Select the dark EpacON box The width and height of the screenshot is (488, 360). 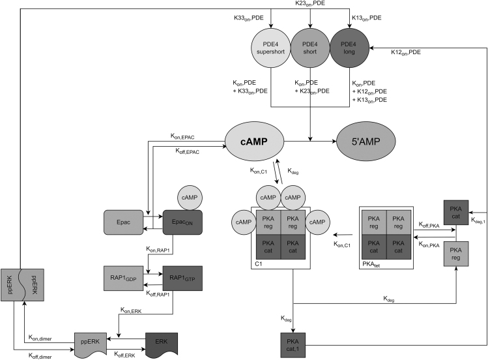pos(183,222)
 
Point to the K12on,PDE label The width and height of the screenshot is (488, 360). pos(406,52)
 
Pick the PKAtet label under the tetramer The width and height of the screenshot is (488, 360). pos(371,264)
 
